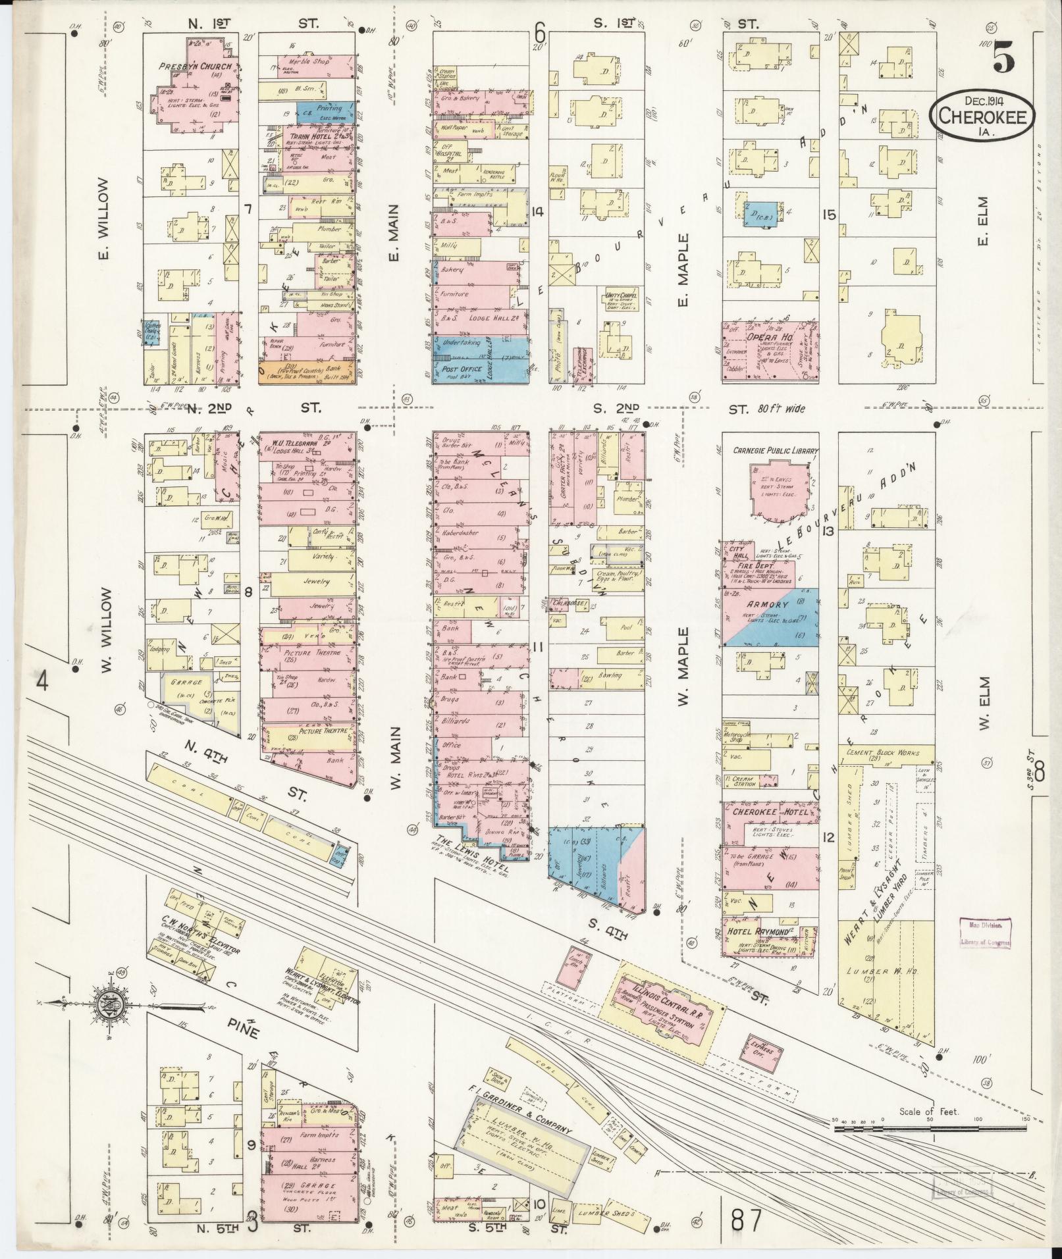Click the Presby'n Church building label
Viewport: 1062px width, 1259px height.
pyautogui.click(x=195, y=67)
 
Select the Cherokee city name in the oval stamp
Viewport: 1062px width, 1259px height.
pyautogui.click(x=982, y=116)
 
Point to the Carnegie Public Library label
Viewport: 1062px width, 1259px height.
pyautogui.click(x=775, y=451)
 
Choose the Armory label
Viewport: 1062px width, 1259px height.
pyautogui.click(x=758, y=604)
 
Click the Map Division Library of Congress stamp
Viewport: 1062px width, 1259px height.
pyautogui.click(x=985, y=933)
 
